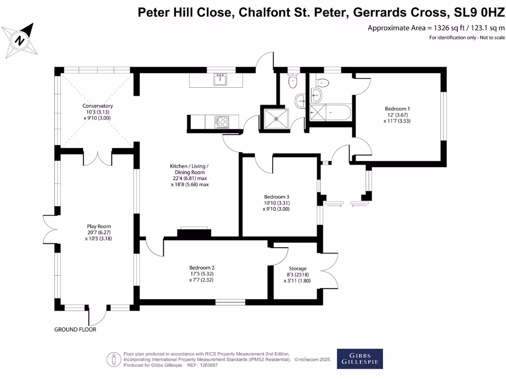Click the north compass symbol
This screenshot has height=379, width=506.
click(19, 40)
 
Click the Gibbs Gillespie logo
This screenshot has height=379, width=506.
click(359, 358)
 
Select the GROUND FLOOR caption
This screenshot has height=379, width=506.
click(75, 329)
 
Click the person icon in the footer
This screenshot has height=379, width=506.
click(115, 359)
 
